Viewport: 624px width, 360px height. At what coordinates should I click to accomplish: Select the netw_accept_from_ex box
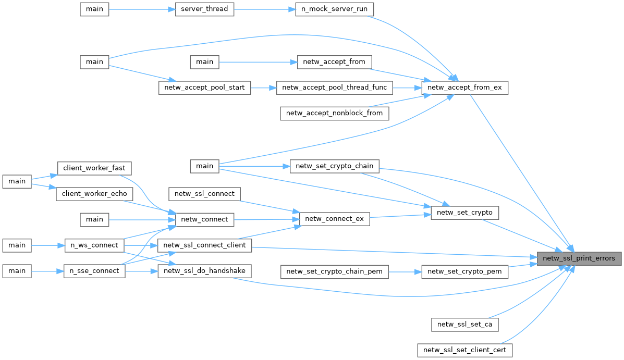(x=464, y=88)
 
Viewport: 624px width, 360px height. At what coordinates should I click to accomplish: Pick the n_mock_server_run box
(x=335, y=9)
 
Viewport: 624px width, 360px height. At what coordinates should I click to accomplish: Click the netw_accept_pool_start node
(x=205, y=88)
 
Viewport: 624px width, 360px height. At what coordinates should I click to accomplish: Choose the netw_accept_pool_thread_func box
(x=334, y=88)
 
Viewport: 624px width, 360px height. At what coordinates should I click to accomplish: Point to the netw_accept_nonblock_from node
(x=334, y=113)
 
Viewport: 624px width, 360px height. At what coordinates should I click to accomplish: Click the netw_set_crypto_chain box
(x=334, y=166)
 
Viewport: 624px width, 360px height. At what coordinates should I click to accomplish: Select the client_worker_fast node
(x=94, y=168)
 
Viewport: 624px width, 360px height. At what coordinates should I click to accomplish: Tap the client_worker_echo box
(x=94, y=193)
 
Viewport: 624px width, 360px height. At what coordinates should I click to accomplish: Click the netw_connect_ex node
(x=334, y=219)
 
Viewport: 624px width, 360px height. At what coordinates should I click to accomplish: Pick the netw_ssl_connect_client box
(x=205, y=244)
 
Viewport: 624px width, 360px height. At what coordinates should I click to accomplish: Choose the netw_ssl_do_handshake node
(x=205, y=271)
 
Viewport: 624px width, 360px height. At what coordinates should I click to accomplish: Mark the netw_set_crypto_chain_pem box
(x=334, y=271)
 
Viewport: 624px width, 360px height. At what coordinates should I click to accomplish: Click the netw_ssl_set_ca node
(x=464, y=324)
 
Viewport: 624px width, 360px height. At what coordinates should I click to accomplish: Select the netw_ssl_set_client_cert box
(x=464, y=350)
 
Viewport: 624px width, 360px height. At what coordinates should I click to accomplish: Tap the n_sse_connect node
(x=94, y=271)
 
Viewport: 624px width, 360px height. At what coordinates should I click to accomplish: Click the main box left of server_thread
(x=94, y=9)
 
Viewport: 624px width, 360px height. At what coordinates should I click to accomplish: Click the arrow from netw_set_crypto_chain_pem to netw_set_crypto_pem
(x=405, y=271)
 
